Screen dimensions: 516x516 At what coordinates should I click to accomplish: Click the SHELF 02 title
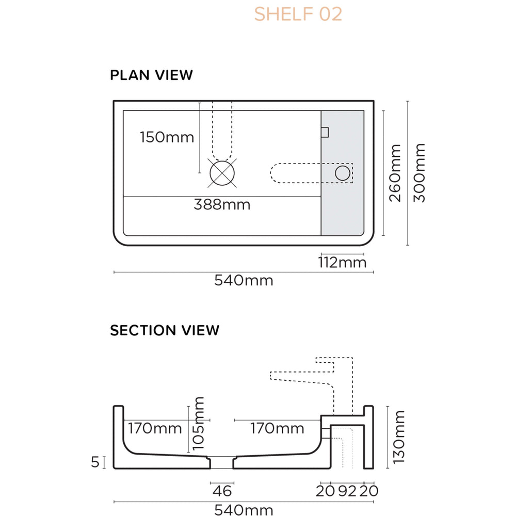298,14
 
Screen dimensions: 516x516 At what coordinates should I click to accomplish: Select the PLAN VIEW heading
151,75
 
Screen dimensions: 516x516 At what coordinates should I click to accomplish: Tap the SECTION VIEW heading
165,330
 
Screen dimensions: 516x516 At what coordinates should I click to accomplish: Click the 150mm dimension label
167,137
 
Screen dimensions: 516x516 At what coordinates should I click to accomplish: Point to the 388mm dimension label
222,204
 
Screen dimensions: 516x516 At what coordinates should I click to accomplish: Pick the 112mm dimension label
342,263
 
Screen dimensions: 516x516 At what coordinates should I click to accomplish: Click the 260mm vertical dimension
395,173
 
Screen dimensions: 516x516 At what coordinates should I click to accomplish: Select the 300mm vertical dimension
420,173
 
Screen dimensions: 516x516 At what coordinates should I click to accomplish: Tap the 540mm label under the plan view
244,281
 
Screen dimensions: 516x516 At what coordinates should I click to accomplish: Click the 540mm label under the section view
244,510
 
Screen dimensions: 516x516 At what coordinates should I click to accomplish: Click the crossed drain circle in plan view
222,173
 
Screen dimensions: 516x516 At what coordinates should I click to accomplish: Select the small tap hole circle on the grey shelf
342,173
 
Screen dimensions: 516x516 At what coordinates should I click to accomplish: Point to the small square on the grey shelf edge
325,132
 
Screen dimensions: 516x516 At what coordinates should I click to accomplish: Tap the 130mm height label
399,437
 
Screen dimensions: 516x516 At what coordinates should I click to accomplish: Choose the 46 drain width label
222,491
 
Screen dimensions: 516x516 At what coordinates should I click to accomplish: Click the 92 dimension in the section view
348,491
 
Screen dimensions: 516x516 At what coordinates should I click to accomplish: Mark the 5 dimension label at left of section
94,462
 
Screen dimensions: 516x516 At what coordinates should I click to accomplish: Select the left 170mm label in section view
155,428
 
